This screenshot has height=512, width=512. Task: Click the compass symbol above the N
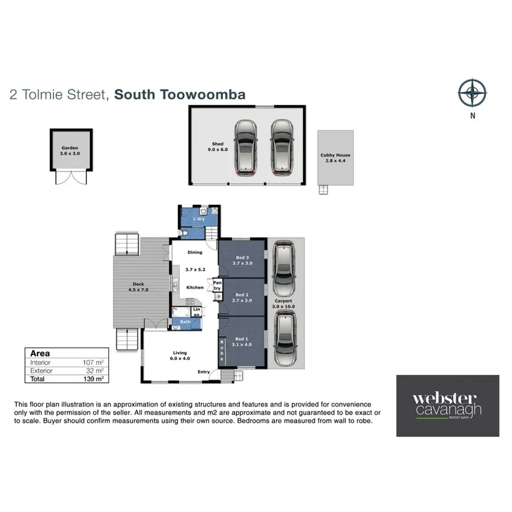pyautogui.click(x=473, y=93)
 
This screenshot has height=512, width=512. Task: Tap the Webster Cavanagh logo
pyautogui.click(x=447, y=406)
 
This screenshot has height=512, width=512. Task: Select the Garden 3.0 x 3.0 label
pyautogui.click(x=69, y=151)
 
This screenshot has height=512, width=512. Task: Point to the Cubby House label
pyautogui.click(x=336, y=158)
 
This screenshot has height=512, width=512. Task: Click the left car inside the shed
pyautogui.click(x=245, y=147)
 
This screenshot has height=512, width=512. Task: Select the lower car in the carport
pyautogui.click(x=283, y=339)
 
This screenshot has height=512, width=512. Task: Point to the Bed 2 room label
pyautogui.click(x=242, y=297)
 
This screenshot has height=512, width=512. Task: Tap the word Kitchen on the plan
pyautogui.click(x=195, y=287)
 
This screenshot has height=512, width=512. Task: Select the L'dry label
pyautogui.click(x=199, y=219)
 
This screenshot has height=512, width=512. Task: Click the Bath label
pyautogui.click(x=185, y=323)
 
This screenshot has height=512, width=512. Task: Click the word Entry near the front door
pyautogui.click(x=204, y=372)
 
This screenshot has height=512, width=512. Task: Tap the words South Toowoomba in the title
pyautogui.click(x=180, y=94)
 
